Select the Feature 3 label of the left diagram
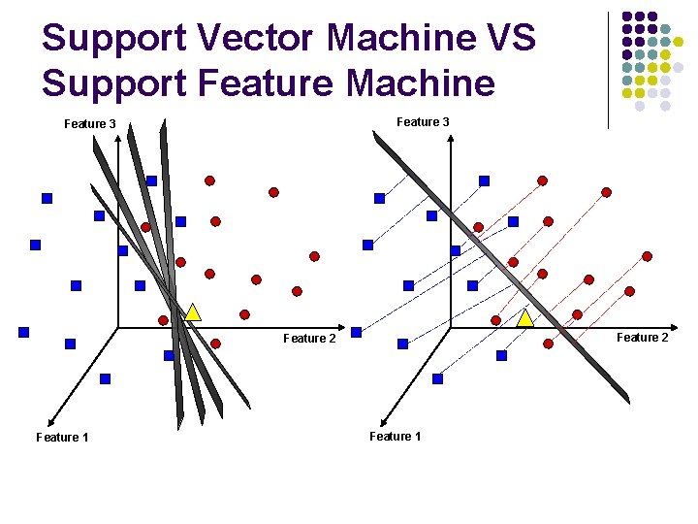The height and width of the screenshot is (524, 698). click(x=90, y=124)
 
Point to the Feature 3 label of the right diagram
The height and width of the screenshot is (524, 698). click(x=423, y=122)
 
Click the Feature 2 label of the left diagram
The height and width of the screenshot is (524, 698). click(x=309, y=339)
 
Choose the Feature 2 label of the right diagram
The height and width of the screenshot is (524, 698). click(x=643, y=338)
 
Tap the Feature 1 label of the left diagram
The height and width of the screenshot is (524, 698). click(x=62, y=438)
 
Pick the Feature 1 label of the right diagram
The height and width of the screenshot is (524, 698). click(x=396, y=437)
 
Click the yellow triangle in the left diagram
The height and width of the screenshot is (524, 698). click(x=193, y=312)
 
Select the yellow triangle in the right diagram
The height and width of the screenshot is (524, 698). click(x=525, y=318)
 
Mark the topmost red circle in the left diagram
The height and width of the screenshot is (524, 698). click(x=209, y=180)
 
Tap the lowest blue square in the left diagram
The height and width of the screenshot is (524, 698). click(x=105, y=378)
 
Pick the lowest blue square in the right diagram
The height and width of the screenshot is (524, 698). click(x=437, y=378)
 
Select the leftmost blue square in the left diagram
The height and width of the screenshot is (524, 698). click(x=23, y=332)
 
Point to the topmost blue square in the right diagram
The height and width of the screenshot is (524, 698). click(x=484, y=180)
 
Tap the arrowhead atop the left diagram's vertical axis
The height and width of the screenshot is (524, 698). click(x=118, y=139)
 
